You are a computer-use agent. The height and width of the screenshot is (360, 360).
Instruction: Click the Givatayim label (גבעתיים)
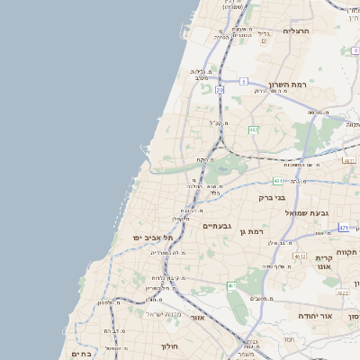tap(218, 226)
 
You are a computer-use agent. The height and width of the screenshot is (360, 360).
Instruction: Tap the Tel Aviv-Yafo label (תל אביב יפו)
tap(150, 237)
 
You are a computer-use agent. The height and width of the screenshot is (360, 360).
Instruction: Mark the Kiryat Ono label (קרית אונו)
tap(324, 262)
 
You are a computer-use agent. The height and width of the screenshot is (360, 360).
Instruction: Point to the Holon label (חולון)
tap(170, 346)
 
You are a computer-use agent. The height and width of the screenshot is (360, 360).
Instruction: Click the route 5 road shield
tap(243, 81)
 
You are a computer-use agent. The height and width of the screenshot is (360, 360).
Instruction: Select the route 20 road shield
tap(220, 90)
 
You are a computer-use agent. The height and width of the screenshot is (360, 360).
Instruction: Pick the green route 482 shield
tap(254, 130)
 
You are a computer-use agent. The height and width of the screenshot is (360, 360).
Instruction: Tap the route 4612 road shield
tap(300, 256)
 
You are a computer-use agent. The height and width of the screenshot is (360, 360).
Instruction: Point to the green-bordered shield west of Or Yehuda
tap(231, 286)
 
